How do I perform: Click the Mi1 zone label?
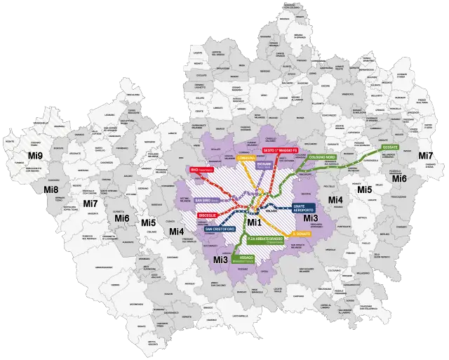pos(255,222)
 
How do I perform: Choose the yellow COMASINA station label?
pos(246,159)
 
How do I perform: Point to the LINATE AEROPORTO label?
pos(303,208)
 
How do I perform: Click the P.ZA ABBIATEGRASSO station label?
pos(266,240)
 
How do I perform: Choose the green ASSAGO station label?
pos(246,258)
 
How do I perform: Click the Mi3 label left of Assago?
pos(220,260)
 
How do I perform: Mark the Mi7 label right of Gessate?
pos(425,155)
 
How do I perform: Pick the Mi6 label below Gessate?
pos(398,179)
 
